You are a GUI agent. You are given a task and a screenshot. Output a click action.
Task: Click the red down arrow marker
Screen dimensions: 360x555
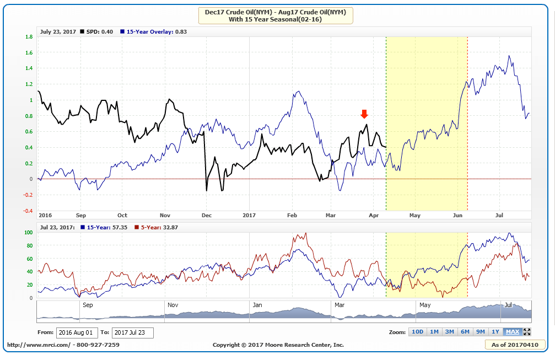(x=364, y=114)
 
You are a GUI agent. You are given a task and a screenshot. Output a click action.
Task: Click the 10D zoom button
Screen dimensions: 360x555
(x=417, y=331)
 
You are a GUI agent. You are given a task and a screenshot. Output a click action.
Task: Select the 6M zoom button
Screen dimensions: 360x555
(x=465, y=331)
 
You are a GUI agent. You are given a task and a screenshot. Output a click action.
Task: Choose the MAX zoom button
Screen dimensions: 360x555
(x=513, y=331)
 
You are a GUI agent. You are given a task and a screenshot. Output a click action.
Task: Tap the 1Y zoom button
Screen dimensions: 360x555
(x=496, y=331)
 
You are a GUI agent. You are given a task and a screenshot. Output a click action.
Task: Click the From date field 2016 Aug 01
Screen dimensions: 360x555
(x=77, y=333)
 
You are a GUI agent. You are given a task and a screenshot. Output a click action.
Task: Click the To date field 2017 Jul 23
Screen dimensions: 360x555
(x=132, y=333)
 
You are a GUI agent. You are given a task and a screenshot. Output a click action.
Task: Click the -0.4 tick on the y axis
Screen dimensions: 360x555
(x=28, y=211)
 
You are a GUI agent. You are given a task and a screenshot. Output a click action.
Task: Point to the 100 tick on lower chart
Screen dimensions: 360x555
(x=29, y=233)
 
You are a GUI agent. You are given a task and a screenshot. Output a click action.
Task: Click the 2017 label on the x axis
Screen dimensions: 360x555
(x=250, y=215)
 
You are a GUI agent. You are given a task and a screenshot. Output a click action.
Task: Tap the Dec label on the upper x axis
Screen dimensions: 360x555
(x=207, y=215)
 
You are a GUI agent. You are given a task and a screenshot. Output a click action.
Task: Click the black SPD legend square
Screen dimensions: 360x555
(x=82, y=31)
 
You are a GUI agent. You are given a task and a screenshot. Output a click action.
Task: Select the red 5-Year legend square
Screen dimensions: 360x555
(x=138, y=227)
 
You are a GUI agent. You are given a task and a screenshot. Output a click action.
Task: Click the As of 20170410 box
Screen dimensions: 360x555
(x=515, y=345)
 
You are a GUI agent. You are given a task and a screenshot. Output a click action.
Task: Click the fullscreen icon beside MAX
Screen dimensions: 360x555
(x=527, y=331)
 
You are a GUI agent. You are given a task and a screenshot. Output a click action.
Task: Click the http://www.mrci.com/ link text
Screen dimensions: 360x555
(x=39, y=345)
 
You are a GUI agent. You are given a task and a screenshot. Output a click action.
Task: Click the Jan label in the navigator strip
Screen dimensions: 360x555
(x=257, y=304)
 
